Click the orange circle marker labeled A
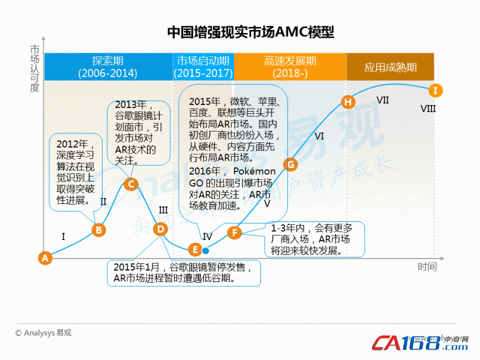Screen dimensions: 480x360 pyautogui.click(x=45, y=258)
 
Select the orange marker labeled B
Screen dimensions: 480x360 pyautogui.click(x=99, y=230)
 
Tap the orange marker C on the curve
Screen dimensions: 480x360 pyautogui.click(x=131, y=184)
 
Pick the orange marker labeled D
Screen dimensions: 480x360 pyautogui.click(x=160, y=229)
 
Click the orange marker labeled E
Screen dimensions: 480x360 pyautogui.click(x=195, y=250)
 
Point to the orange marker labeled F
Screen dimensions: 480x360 pyautogui.click(x=235, y=233)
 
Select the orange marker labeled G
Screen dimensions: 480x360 pyautogui.click(x=290, y=164)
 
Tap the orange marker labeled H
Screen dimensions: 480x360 pyautogui.click(x=348, y=102)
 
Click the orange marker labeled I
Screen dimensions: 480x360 pyautogui.click(x=436, y=91)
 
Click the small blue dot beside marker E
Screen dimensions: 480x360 pyautogui.click(x=206, y=251)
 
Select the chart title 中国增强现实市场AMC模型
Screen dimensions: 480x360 pyautogui.click(x=250, y=32)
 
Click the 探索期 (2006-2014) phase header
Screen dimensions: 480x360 pyautogui.click(x=109, y=67)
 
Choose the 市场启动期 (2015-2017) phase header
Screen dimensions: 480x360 pyautogui.click(x=203, y=67)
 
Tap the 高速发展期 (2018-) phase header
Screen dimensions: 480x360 pyautogui.click(x=290, y=67)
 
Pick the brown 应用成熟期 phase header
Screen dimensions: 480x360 pyautogui.click(x=391, y=67)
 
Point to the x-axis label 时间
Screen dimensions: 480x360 pyautogui.click(x=427, y=266)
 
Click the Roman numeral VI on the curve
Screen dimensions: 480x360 pyautogui.click(x=319, y=136)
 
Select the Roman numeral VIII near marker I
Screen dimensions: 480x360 pyautogui.click(x=428, y=109)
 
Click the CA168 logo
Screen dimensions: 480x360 pyautogui.click(x=420, y=343)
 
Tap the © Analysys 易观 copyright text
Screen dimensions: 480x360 pyautogui.click(x=43, y=333)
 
